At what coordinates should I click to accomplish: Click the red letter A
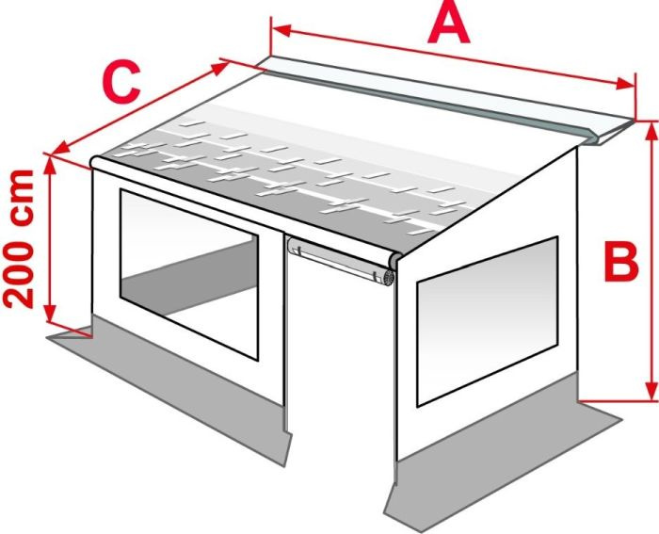(448, 25)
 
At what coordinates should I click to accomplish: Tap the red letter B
(621, 262)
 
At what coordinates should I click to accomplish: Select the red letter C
(121, 83)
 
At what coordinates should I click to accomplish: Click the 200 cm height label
(19, 239)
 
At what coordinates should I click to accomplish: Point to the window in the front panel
(188, 274)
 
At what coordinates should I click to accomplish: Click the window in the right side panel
(488, 322)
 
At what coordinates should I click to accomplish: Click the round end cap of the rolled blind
(389, 278)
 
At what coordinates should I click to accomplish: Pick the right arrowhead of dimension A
(625, 83)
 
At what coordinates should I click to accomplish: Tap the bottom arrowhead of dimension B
(651, 392)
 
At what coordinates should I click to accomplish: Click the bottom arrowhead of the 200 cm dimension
(50, 313)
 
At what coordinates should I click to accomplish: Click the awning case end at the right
(607, 134)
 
